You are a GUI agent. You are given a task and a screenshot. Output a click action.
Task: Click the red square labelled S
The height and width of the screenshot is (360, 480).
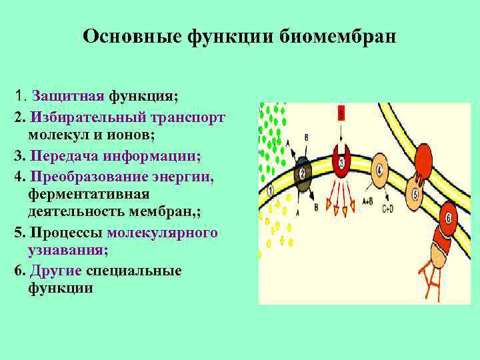pyautogui.click(x=341, y=114)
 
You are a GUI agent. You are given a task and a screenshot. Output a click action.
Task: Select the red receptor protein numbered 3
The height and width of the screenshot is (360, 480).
pyautogui.click(x=342, y=162)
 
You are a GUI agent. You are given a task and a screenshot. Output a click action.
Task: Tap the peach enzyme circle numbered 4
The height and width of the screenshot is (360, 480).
pyautogui.click(x=379, y=169)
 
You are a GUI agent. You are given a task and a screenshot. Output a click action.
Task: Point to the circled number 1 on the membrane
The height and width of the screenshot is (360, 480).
pyautogui.click(x=270, y=191)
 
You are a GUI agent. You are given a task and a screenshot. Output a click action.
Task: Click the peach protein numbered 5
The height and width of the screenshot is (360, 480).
pyautogui.click(x=415, y=195)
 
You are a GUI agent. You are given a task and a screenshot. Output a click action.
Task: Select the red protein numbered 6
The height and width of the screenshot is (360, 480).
pyautogui.click(x=449, y=219)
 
